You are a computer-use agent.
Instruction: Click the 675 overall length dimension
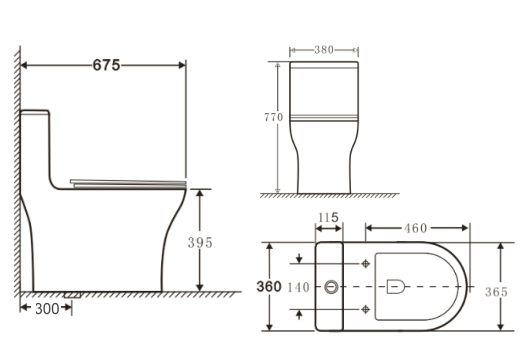pyautogui.click(x=106, y=65)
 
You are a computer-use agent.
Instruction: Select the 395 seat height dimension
pyautogui.click(x=202, y=242)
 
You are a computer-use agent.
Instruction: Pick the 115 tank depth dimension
pyautogui.click(x=328, y=218)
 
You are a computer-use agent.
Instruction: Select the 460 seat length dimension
pyautogui.click(x=416, y=228)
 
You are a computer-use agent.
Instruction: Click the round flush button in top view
pyautogui.click(x=332, y=288)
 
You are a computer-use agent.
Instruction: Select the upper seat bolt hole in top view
pyautogui.click(x=366, y=264)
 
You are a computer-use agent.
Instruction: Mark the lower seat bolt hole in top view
pyautogui.click(x=366, y=311)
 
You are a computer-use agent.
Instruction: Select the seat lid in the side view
pyautogui.click(x=130, y=181)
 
